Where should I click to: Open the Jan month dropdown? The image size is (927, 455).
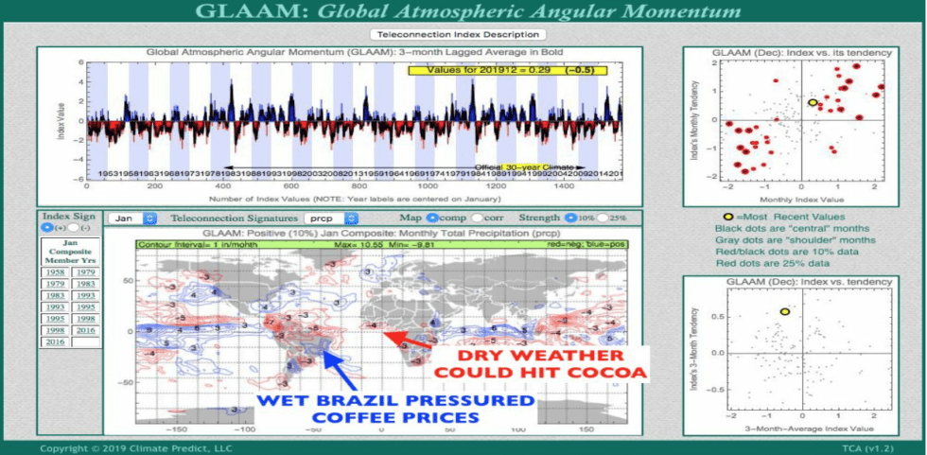click(132, 219)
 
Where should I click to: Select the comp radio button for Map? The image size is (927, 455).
click(432, 219)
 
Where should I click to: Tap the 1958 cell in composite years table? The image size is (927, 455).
click(55, 271)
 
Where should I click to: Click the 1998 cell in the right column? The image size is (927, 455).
click(86, 319)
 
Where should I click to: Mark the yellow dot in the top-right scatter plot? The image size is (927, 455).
click(813, 102)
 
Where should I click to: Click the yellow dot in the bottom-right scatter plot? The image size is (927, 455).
click(784, 311)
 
